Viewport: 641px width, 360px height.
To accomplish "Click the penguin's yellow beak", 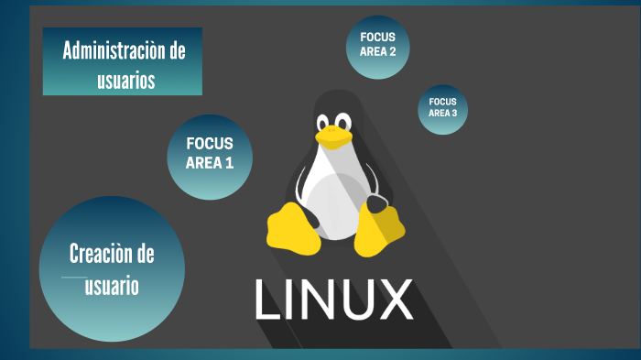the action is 334,136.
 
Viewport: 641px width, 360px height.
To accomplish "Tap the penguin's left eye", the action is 323,121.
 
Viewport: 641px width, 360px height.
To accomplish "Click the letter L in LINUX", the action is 267,299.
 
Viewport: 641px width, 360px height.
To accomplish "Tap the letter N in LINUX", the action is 316,299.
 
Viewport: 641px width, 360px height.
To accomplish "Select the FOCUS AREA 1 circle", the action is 210,157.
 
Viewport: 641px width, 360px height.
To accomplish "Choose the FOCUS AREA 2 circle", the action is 377,47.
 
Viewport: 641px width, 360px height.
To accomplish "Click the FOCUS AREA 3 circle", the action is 442,109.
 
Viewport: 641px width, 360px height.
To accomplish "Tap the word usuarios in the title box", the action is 125,81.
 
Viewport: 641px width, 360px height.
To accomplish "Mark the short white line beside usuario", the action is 73,277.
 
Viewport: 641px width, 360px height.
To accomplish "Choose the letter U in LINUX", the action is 356,299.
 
